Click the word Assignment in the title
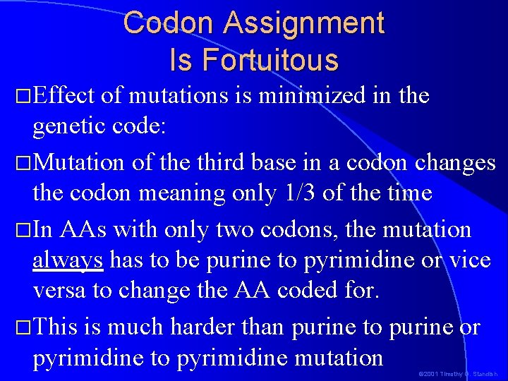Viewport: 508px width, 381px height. (304, 23)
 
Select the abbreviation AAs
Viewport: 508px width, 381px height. (85, 229)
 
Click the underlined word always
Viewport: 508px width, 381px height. (68, 261)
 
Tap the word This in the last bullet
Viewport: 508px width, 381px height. (56, 327)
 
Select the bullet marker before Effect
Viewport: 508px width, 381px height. (24, 96)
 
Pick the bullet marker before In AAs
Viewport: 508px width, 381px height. (24, 230)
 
